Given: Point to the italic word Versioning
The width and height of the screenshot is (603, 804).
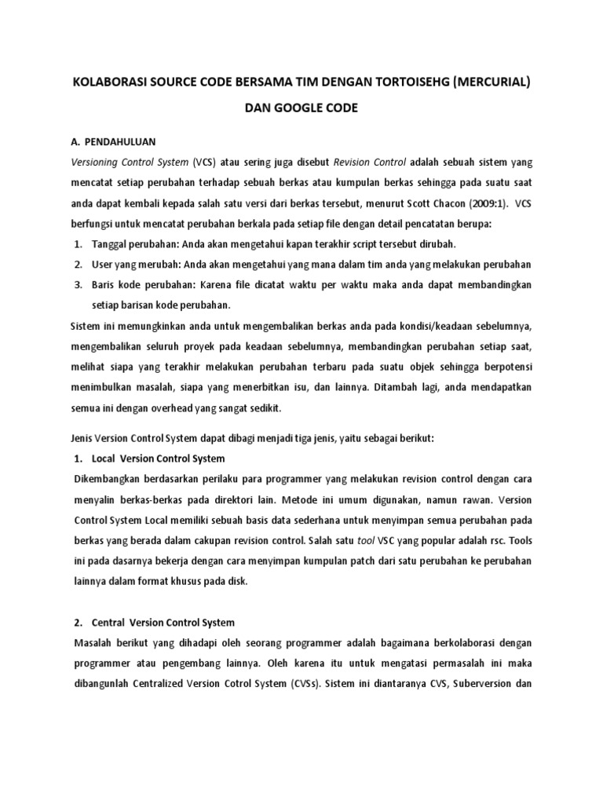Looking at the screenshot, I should click(99, 163).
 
